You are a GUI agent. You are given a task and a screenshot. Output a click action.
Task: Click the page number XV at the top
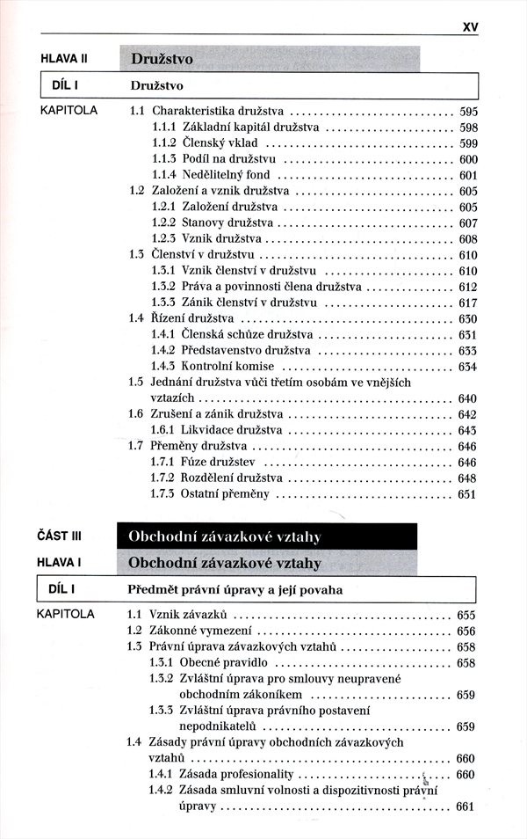[470, 27]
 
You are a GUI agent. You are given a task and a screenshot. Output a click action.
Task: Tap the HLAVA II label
[66, 59]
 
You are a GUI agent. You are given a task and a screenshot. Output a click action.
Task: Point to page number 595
[467, 112]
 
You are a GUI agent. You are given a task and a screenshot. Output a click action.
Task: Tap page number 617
[467, 302]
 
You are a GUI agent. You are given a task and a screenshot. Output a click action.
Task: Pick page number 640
[467, 398]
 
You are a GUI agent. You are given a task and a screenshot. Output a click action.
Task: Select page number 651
[467, 494]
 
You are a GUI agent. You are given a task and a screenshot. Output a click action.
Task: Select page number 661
[466, 806]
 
